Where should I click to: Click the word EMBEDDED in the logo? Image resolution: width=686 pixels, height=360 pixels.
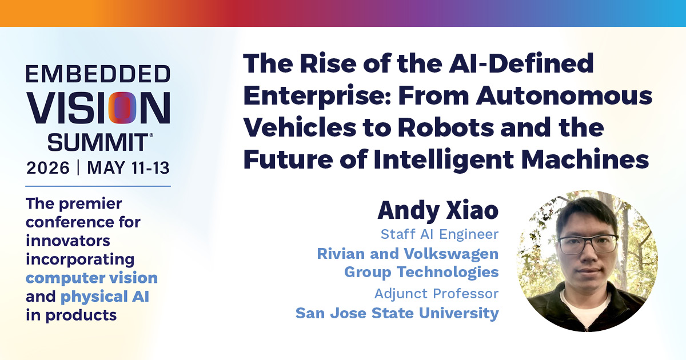click(98, 74)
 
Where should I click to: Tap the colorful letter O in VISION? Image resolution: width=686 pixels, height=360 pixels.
click(122, 108)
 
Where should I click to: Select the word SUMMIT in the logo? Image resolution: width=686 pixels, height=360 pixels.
click(98, 142)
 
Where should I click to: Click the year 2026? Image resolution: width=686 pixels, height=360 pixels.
click(48, 168)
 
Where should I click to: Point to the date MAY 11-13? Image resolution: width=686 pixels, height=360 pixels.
click(128, 168)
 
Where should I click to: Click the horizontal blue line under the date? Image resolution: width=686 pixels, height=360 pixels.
click(98, 186)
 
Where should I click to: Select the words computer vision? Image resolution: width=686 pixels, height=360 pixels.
click(91, 278)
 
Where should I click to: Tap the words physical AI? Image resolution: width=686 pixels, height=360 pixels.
click(105, 297)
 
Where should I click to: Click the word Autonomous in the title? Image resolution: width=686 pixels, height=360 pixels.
click(564, 95)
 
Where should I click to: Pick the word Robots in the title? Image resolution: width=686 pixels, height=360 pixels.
click(446, 127)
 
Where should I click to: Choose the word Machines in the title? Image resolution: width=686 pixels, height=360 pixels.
click(585, 159)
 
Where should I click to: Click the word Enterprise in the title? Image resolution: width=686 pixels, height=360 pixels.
click(317, 97)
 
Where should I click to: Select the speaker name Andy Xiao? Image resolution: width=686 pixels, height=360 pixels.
click(438, 211)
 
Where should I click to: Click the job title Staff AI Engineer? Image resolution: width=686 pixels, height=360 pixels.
click(440, 234)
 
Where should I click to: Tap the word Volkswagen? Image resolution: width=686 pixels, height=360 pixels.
click(451, 254)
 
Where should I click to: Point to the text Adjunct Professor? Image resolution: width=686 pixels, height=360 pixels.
click(436, 294)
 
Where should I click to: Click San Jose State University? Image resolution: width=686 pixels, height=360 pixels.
click(397, 313)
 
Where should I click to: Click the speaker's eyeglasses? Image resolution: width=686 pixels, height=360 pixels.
click(588, 244)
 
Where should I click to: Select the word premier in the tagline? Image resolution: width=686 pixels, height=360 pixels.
click(90, 204)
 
